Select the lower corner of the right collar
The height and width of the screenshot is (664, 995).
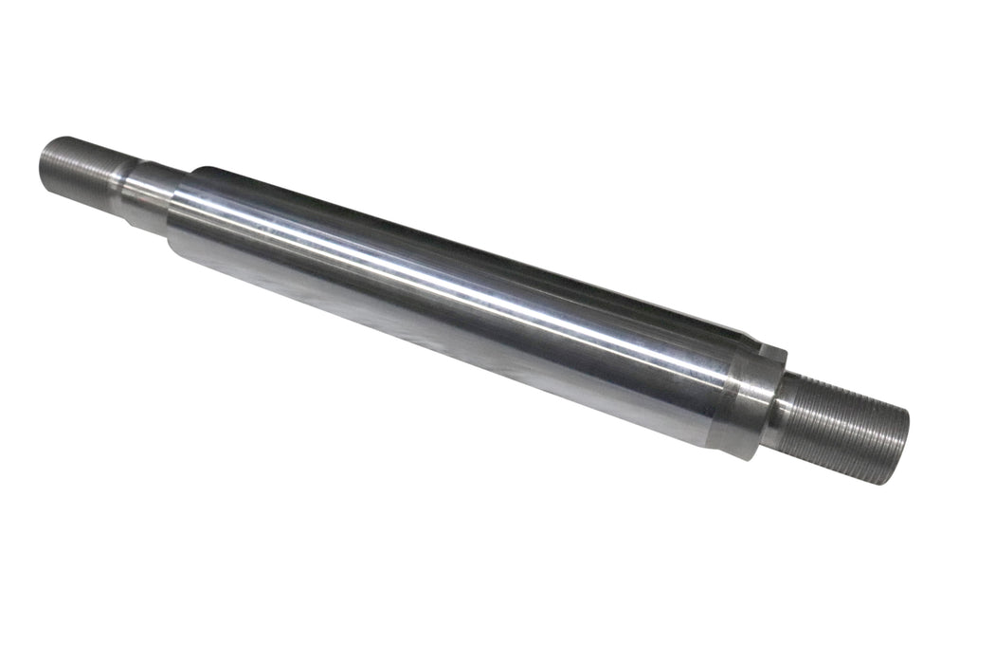(x=749, y=455)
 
